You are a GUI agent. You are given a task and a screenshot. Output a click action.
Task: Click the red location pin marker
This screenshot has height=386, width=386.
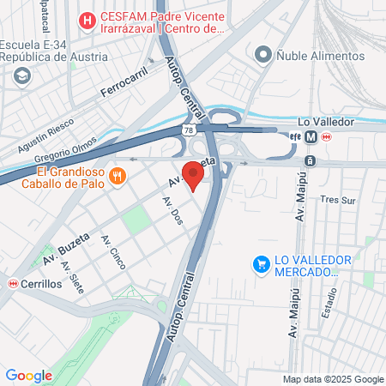[194, 178]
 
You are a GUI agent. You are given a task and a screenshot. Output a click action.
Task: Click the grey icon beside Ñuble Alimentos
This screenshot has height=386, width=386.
[263, 56]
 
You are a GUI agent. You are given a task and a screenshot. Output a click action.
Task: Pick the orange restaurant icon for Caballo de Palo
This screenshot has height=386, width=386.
[119, 177]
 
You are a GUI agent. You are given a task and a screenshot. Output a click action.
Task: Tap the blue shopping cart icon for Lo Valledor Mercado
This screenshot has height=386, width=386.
[261, 265]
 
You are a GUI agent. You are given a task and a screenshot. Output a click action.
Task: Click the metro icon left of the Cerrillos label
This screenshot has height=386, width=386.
[12, 284]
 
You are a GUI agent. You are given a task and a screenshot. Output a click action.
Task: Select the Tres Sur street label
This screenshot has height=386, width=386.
[336, 200]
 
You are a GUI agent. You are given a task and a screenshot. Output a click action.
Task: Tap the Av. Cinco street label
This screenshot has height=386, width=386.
[111, 252]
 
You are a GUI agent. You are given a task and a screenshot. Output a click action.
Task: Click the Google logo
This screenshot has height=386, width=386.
[29, 375]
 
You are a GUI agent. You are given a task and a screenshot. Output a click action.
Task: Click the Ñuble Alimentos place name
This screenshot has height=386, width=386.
[320, 56]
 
